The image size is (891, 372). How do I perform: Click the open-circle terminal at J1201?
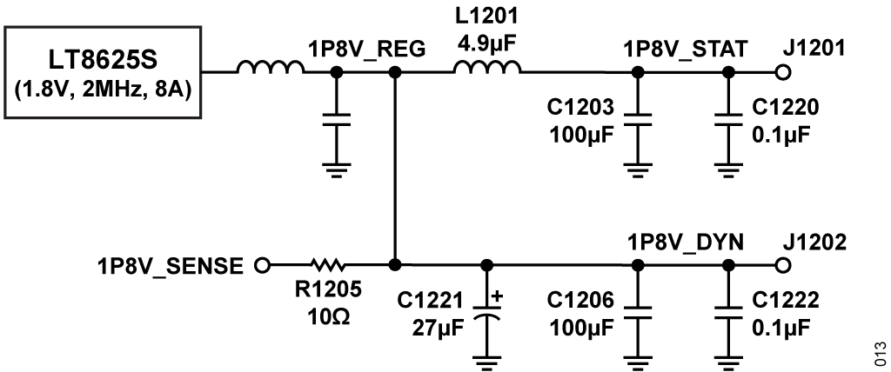tap(783, 73)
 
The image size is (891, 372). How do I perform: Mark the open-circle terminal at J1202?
tap(783, 265)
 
